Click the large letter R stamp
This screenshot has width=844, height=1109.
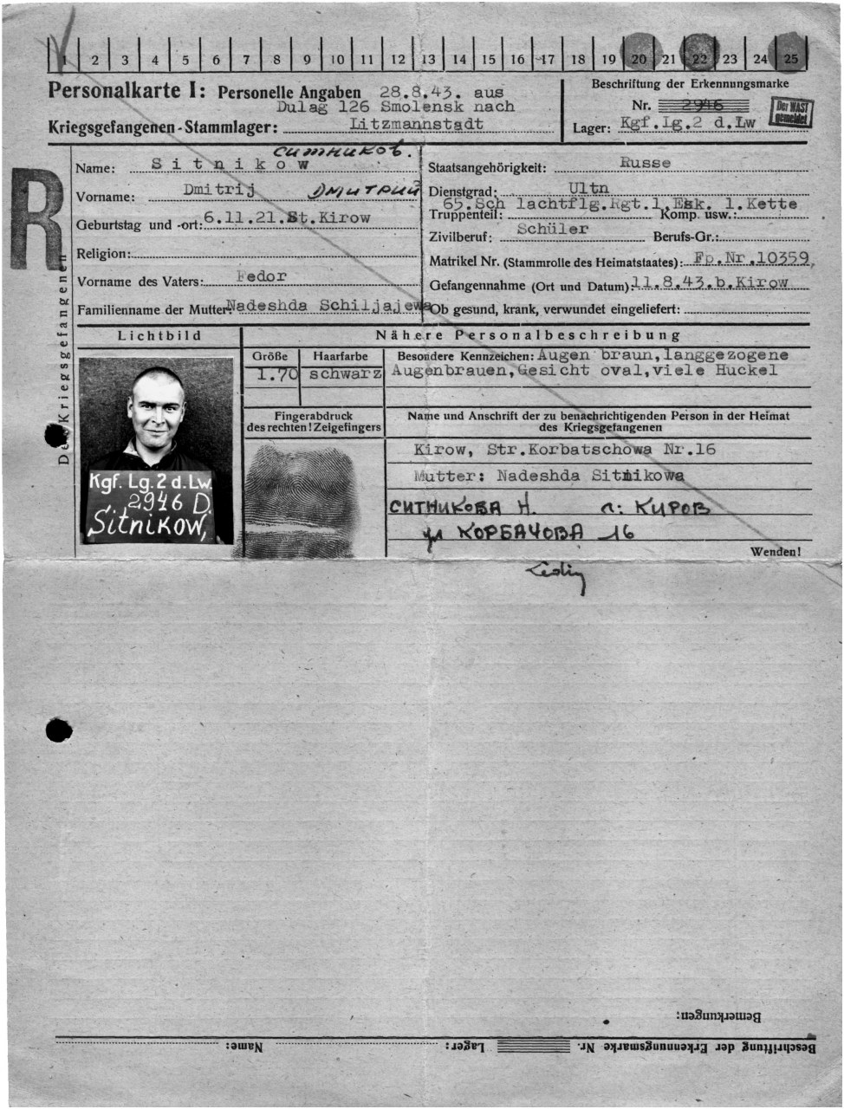click(36, 217)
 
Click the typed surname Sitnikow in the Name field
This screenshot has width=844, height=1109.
click(230, 164)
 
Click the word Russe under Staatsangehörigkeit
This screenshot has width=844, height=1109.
click(645, 162)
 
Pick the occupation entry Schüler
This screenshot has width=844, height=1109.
click(552, 230)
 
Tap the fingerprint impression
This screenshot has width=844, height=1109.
click(299, 498)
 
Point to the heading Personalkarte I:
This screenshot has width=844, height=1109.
click(127, 90)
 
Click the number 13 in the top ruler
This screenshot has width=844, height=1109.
click(428, 60)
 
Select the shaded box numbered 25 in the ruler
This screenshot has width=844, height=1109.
click(790, 58)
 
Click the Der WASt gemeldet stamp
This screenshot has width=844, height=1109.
click(792, 111)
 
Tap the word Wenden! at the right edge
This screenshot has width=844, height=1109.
click(776, 551)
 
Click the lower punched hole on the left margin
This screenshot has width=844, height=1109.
click(58, 730)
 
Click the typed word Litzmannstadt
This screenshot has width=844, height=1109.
click(416, 124)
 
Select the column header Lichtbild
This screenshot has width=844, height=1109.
click(159, 335)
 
